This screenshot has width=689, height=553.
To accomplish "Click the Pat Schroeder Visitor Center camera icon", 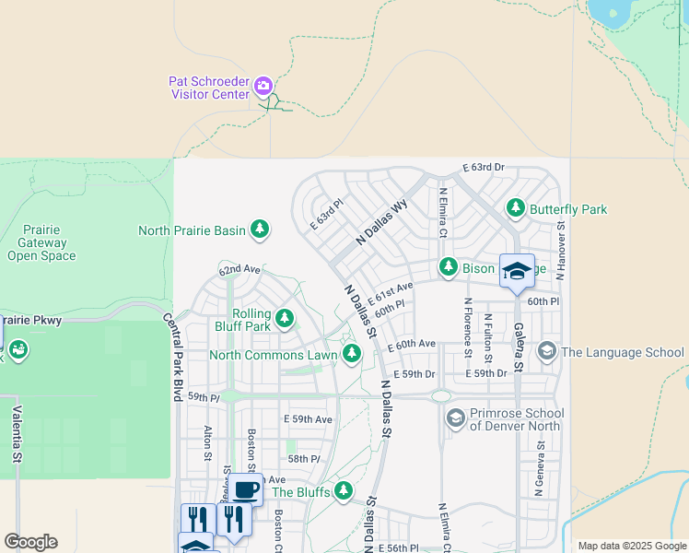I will click(263, 87).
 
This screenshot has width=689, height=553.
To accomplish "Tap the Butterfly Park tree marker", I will click(516, 209).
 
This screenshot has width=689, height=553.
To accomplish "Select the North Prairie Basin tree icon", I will click(260, 229).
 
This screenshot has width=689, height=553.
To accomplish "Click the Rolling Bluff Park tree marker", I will click(285, 319).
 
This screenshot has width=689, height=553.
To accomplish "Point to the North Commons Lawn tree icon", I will click(351, 354).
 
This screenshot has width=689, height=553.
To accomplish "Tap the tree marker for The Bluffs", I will click(344, 490).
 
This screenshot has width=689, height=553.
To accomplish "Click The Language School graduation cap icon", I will click(546, 352).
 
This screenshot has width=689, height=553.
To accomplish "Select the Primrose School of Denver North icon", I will click(455, 419).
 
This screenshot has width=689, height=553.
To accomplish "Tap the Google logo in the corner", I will click(30, 542).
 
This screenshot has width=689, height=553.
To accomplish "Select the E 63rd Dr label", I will click(483, 167).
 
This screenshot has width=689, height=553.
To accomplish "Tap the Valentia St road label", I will click(16, 432).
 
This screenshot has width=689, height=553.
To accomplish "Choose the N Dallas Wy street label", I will click(381, 223).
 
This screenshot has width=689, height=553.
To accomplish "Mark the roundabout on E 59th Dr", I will click(440, 396).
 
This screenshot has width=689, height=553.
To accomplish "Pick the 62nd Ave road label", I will click(239, 269).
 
